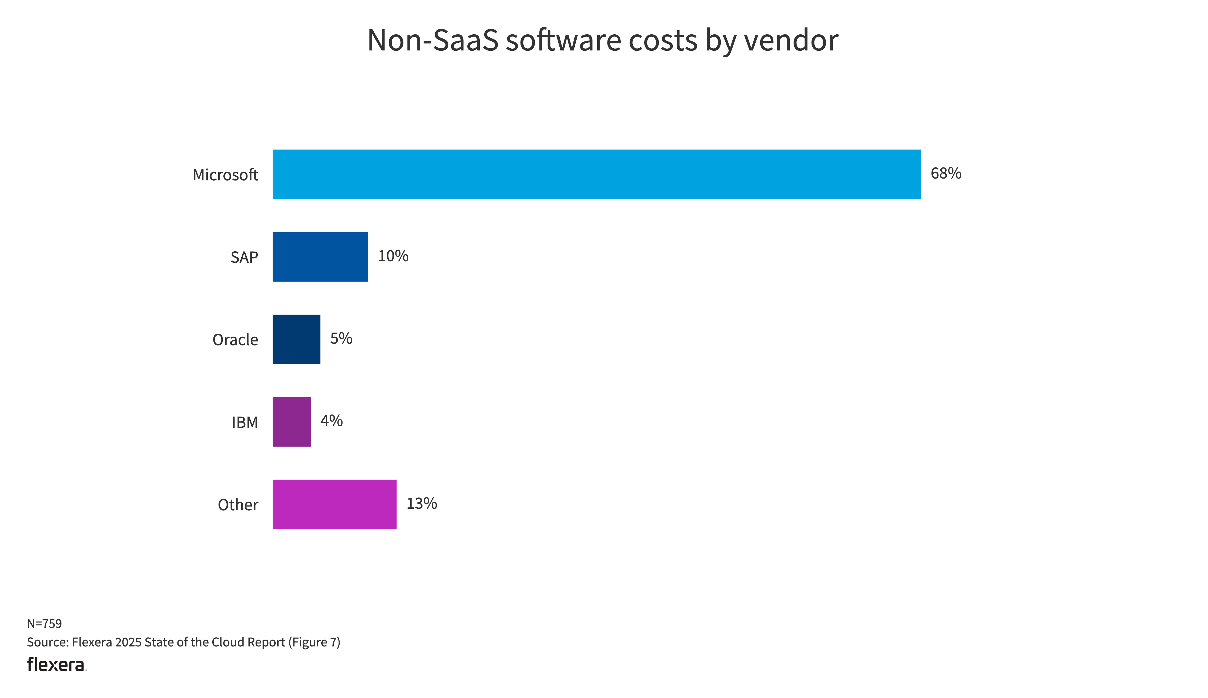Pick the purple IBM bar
tap(292, 421)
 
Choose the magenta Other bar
tap(334, 504)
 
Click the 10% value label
tap(393, 256)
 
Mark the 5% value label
tap(341, 339)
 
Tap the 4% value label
tap(331, 421)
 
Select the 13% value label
tap(421, 503)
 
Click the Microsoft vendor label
tap(225, 175)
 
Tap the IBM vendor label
tap(245, 422)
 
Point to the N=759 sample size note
tap(44, 624)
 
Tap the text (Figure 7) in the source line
tap(314, 642)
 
